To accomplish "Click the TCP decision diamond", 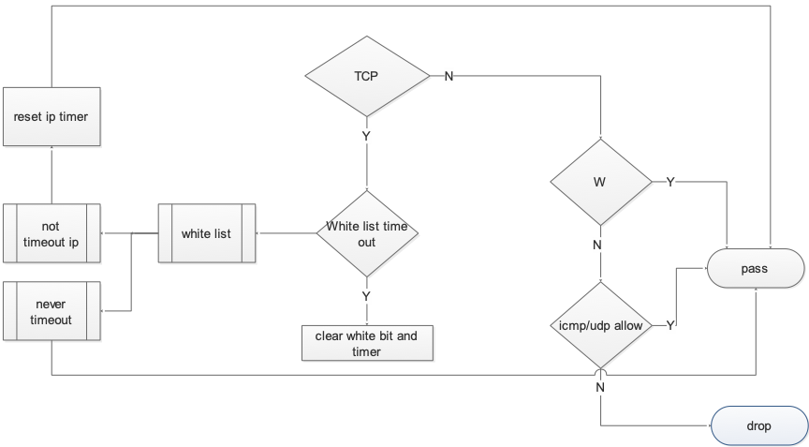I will (366, 76).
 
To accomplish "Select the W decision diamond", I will (599, 182).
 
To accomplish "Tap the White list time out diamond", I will (366, 233).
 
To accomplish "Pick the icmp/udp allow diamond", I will (599, 326).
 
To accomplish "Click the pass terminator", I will (754, 270).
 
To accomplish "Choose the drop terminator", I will (758, 426).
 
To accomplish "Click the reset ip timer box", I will (51, 117).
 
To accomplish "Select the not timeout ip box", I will (51, 233).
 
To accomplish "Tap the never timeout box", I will (51, 312).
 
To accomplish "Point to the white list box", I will (206, 233).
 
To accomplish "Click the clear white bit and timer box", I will (367, 344).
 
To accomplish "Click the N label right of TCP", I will (449, 76).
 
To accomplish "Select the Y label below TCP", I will (366, 136).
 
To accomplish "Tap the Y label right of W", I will (670, 182).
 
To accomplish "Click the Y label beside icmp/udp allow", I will (670, 326).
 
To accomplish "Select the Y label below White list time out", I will (366, 296).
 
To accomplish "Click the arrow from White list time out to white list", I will (286, 233).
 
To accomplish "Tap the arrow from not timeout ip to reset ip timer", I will (51, 175).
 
